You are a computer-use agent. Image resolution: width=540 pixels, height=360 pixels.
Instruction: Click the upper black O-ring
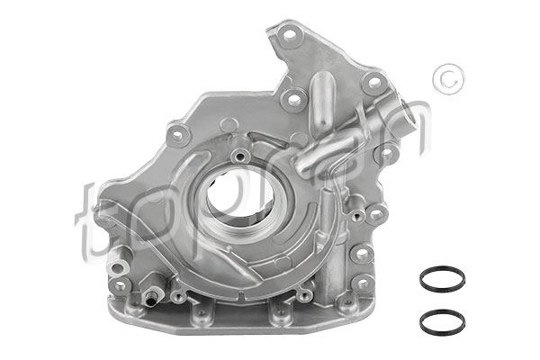[x=441, y=279]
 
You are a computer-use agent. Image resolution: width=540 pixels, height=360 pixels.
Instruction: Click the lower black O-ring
[x=441, y=321]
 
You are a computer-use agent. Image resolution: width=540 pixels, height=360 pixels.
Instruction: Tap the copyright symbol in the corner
[x=443, y=79]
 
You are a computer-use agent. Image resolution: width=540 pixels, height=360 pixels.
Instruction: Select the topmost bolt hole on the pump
[x=288, y=38]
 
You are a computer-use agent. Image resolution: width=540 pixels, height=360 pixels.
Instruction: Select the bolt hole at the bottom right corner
[x=363, y=283]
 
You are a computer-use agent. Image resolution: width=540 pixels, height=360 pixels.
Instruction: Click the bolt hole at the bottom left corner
[x=120, y=285]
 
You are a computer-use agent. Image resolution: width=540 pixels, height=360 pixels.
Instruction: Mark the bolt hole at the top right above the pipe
[x=372, y=83]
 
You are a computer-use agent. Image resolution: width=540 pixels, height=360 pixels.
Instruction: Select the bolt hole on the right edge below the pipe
[x=387, y=154]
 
